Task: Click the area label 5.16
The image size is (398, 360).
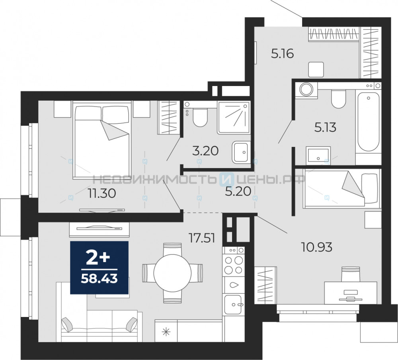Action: pyautogui.click(x=282, y=54)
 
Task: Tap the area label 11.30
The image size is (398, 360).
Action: pyautogui.click(x=102, y=194)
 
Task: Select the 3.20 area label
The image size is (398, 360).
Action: pyautogui.click(x=205, y=151)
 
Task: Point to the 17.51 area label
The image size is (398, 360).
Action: pyautogui.click(x=202, y=238)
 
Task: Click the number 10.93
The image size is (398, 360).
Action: pyautogui.click(x=316, y=247)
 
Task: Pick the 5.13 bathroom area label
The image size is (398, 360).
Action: pyautogui.click(x=325, y=127)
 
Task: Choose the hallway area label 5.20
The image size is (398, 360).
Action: pyautogui.click(x=238, y=191)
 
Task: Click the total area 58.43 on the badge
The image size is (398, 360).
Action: pyautogui.click(x=99, y=279)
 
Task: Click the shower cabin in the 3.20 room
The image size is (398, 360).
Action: pyautogui.click(x=234, y=117)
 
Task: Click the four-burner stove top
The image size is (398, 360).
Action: pyautogui.click(x=234, y=264)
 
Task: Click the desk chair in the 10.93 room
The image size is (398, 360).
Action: pyautogui.click(x=351, y=274)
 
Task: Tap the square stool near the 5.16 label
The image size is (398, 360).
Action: pyautogui.click(x=316, y=69)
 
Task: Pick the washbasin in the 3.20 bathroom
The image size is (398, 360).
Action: pyautogui.click(x=241, y=152)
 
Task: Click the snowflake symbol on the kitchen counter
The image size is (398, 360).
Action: pyautogui.click(x=166, y=331)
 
